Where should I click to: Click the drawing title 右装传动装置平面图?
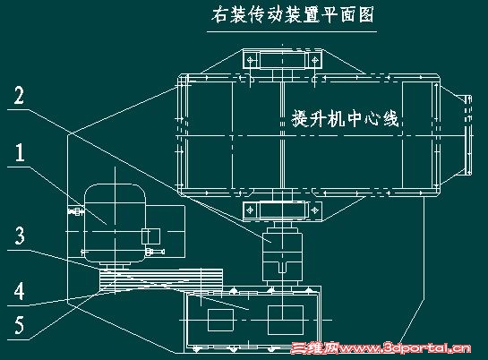coord(292,15)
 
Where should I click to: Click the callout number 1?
coord(20,152)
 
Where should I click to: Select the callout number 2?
coord(19,95)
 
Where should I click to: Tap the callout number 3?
coord(20,236)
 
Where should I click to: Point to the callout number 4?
coord(20,292)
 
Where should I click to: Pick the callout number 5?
coord(20,325)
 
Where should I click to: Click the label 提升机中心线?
coord(345,118)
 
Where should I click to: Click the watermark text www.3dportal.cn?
coord(405,347)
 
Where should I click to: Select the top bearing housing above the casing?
coord(282,59)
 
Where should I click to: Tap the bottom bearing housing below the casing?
coord(282,210)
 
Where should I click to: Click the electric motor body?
coord(115,223)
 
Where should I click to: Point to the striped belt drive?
coord(160,279)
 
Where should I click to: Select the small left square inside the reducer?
coord(220,321)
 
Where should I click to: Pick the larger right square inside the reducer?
coord(286,321)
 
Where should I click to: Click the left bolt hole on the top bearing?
coord(250,59)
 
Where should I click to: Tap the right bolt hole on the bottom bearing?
coord(314,210)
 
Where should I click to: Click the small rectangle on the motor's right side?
coord(151,236)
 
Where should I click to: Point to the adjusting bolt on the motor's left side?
coord(76,211)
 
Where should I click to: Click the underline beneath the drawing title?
coord(292,31)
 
